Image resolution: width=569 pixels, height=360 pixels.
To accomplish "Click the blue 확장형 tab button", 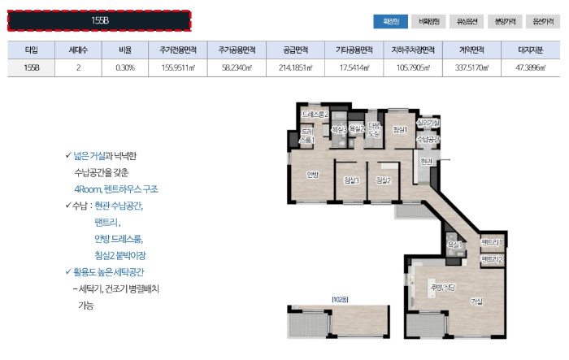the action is [390, 21].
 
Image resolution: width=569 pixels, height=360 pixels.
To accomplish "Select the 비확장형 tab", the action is [429, 21].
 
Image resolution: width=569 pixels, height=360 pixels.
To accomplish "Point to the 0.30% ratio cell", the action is [124, 68].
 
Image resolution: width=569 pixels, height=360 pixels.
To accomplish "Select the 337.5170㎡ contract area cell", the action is [471, 68].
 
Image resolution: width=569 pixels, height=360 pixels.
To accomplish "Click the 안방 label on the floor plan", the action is [313, 174].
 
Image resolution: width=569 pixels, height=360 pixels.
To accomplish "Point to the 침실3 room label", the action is [352, 180].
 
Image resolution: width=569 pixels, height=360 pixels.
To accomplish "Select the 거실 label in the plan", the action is [476, 301].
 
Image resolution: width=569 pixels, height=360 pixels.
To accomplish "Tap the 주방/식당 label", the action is [443, 286].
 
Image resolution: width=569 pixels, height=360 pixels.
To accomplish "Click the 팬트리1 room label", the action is [492, 242].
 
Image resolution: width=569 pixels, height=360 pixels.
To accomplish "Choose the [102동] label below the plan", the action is [340, 300].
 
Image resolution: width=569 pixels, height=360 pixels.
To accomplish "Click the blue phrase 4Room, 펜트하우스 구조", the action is [115, 189].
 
